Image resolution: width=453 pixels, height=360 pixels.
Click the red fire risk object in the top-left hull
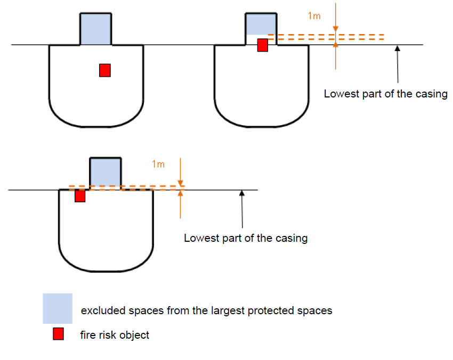click(105, 70)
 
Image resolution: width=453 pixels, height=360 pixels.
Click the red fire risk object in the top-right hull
click(262, 45)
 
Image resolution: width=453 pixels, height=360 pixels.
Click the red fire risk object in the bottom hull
click(80, 196)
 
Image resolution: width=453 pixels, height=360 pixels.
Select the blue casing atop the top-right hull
click(261, 24)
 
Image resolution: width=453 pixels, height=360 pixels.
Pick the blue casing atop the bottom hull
click(105, 171)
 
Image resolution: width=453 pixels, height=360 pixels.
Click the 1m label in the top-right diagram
click(314, 16)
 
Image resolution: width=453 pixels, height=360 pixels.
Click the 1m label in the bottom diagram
click(158, 164)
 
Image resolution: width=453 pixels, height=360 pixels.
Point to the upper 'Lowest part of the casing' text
click(386, 94)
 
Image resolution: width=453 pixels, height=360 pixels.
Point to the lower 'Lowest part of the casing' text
click(246, 238)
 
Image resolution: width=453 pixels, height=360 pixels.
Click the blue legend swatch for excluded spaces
click(58, 309)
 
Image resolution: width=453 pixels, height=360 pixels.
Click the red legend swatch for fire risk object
click(58, 334)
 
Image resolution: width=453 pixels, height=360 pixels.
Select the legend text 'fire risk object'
click(115, 336)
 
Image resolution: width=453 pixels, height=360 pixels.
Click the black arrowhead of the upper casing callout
click(396, 48)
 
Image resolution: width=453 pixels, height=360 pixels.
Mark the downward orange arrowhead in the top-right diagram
click(336, 30)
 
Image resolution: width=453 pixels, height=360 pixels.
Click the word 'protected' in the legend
click(258, 310)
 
